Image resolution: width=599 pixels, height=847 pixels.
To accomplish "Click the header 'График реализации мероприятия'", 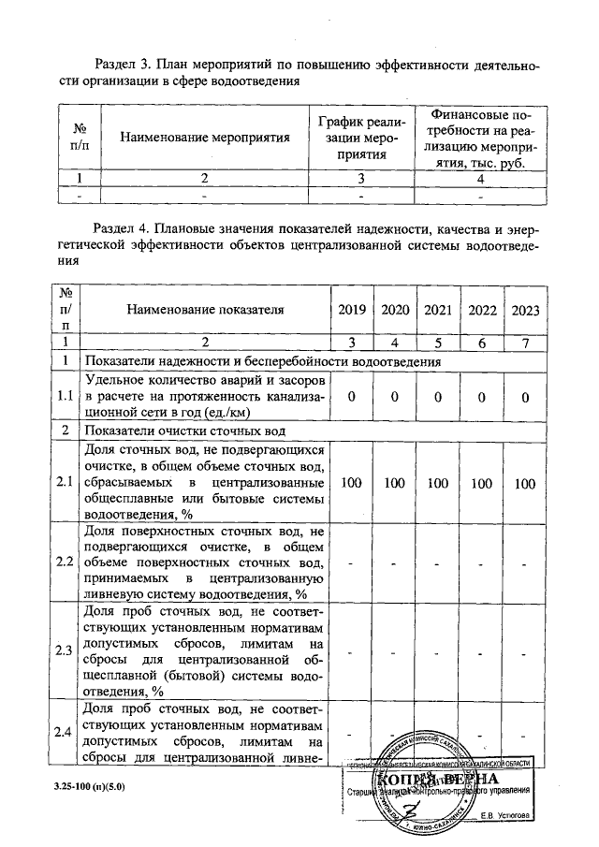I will click(360, 138).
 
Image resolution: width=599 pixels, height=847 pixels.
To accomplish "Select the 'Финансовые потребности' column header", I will click(481, 138).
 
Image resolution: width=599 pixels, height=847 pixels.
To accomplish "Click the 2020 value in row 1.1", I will click(394, 397).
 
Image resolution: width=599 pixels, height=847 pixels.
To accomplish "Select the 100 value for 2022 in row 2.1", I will click(482, 483).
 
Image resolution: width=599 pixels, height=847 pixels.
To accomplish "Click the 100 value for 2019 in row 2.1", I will click(350, 483).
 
